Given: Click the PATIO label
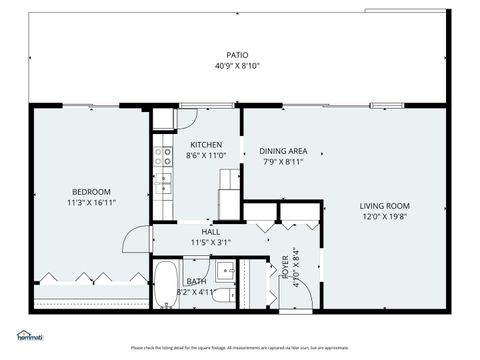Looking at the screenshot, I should (x=237, y=55).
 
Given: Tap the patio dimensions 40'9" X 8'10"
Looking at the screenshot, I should (x=237, y=66).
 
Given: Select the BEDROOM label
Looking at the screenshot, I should (x=90, y=191).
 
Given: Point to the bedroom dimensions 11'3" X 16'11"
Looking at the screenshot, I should (x=90, y=202).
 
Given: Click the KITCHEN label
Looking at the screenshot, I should (x=206, y=144).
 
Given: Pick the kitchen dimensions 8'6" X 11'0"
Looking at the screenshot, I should (x=206, y=155).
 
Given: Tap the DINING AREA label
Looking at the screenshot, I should (x=283, y=151).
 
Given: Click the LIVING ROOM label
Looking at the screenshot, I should (x=385, y=205).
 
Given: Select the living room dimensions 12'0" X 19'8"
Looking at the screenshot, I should (x=385, y=216).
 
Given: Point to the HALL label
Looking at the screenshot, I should (x=211, y=231).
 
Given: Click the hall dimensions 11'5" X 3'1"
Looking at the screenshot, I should (x=211, y=242).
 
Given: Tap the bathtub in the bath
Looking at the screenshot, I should (x=165, y=285).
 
